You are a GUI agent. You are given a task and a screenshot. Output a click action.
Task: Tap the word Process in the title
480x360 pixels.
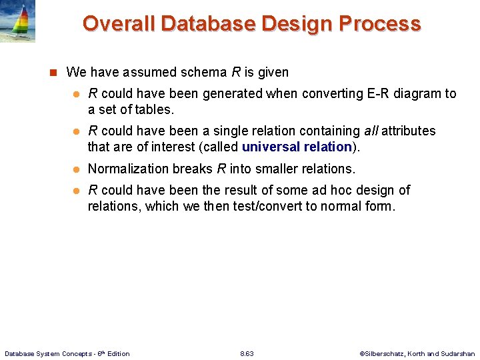[x=379, y=24]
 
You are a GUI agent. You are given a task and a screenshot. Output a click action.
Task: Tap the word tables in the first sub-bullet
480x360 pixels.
[x=153, y=109]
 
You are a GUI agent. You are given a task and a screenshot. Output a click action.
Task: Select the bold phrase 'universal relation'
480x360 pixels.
[x=297, y=147]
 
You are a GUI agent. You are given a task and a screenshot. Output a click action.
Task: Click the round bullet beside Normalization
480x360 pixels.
[x=76, y=169]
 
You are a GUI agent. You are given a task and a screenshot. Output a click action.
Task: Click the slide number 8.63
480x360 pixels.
[x=246, y=353]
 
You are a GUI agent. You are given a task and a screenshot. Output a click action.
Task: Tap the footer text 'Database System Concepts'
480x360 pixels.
[x=47, y=353]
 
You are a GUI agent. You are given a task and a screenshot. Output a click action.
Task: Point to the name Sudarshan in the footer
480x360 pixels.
[x=458, y=353]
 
